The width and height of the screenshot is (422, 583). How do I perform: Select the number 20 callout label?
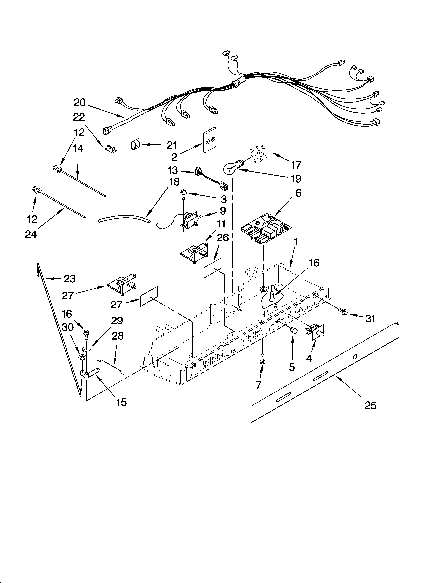click(x=79, y=103)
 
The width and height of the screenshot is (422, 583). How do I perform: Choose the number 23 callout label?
click(x=70, y=279)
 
